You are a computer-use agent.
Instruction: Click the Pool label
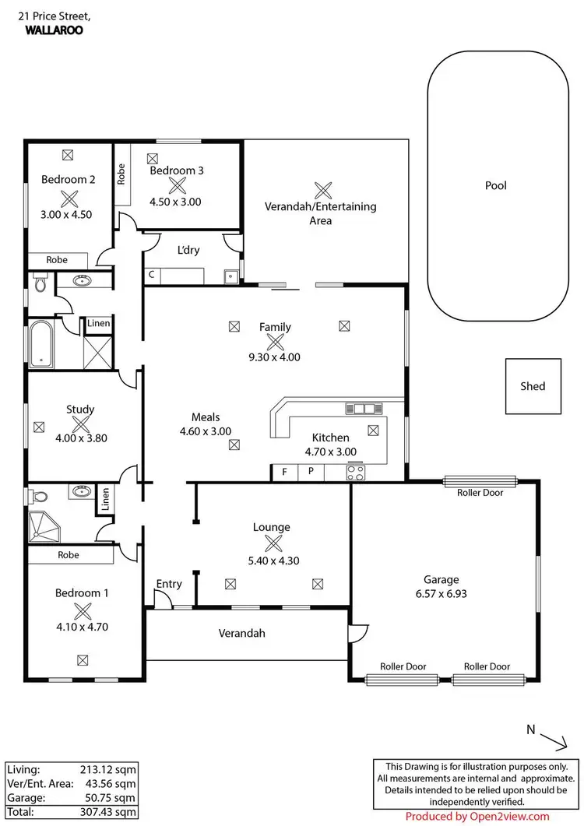pyautogui.click(x=495, y=185)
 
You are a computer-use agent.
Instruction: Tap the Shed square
pyautogui.click(x=533, y=386)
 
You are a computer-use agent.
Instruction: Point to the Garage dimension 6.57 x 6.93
pyautogui.click(x=441, y=593)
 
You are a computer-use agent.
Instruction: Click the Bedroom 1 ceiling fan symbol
pyautogui.click(x=82, y=611)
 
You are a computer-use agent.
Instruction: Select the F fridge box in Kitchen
pyautogui.click(x=284, y=472)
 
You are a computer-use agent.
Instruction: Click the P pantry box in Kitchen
pyautogui.click(x=310, y=472)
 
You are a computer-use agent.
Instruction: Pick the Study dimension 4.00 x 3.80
pyautogui.click(x=80, y=438)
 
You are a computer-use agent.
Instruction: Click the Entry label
pyautogui.click(x=169, y=584)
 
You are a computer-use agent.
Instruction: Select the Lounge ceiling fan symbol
pyautogui.click(x=272, y=544)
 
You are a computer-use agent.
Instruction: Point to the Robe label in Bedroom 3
pyautogui.click(x=121, y=174)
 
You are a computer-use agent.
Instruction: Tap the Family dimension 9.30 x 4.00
pyautogui.click(x=275, y=357)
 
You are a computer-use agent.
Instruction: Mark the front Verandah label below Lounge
pyautogui.click(x=241, y=633)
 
